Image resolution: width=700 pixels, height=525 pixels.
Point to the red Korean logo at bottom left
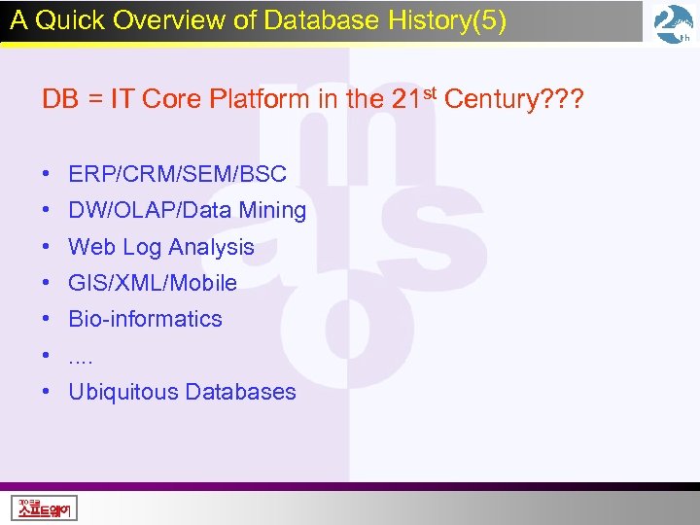[46, 507]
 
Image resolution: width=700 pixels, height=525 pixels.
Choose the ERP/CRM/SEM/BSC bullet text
[177, 175]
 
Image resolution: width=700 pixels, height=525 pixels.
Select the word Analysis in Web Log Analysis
[211, 248]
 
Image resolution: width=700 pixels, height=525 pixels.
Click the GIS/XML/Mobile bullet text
[153, 284]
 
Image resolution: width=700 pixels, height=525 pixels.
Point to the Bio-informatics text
[145, 320]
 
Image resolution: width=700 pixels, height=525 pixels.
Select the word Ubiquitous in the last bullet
[123, 393]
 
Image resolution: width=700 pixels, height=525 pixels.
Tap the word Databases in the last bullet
[240, 393]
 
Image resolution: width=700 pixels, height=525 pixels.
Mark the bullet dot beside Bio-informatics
[47, 320]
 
